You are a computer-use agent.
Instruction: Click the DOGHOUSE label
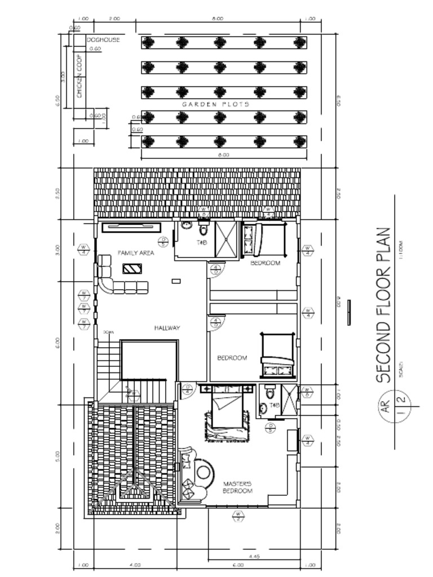[x=103, y=40]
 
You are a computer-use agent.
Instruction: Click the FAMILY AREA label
[x=136, y=254]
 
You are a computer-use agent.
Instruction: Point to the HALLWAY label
[x=167, y=327]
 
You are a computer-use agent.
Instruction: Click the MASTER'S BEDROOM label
[x=237, y=487]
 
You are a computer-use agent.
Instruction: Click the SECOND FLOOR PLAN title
[x=385, y=305]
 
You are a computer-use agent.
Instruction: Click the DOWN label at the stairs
[x=109, y=333]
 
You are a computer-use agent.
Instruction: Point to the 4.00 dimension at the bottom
[x=135, y=564]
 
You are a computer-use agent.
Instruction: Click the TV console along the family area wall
[x=131, y=227]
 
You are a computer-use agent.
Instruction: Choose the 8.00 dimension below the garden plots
[x=223, y=154]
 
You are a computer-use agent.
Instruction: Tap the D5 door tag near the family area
[x=164, y=242]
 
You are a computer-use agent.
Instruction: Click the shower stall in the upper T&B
[x=227, y=238]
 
